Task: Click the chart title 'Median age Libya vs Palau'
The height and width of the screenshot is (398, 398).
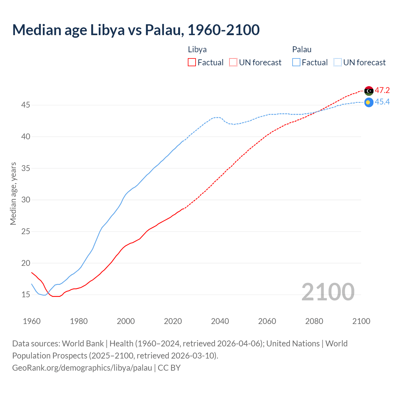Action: click(136, 30)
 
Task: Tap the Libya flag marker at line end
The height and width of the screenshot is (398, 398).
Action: click(369, 91)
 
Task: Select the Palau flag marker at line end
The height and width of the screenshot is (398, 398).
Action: click(369, 102)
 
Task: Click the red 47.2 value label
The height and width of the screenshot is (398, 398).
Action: click(382, 90)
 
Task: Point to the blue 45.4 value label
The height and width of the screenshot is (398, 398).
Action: click(382, 102)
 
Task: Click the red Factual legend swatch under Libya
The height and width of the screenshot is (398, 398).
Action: click(192, 62)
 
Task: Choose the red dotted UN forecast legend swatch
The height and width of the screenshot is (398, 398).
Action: click(233, 62)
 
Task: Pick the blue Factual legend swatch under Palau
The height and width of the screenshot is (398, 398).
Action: click(296, 62)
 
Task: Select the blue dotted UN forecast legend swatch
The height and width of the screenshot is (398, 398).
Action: click(338, 62)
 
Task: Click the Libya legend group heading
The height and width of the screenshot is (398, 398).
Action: click(197, 49)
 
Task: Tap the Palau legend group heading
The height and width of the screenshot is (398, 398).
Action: click(302, 49)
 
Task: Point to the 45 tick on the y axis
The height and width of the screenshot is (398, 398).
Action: click(25, 105)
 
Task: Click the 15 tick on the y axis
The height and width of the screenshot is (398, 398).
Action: click(25, 294)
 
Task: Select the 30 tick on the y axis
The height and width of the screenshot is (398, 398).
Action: click(25, 200)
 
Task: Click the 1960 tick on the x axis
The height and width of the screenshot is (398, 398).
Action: click(32, 321)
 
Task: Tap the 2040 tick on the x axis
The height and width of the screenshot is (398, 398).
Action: click(220, 321)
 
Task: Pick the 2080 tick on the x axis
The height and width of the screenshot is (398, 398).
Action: click(314, 321)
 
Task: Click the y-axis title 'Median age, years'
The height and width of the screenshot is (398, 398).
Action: click(13, 193)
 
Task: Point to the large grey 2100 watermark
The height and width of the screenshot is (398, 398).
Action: click(328, 292)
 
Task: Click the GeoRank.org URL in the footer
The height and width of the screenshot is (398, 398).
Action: click(82, 368)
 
